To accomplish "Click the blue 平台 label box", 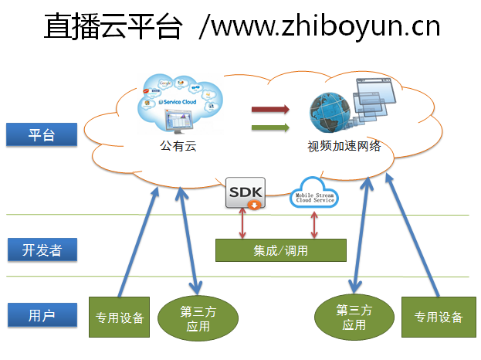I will click(x=42, y=134).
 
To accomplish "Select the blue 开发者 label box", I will click(x=42, y=250).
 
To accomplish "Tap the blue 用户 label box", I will click(x=42, y=315).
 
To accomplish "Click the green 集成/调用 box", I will click(x=280, y=250).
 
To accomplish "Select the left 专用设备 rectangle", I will click(x=119, y=317).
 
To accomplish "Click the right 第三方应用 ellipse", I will click(x=354, y=318).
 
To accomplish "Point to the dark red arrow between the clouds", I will click(x=270, y=109).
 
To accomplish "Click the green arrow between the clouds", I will click(x=270, y=127).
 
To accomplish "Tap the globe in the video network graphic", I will click(x=328, y=113).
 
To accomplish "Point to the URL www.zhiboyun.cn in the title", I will click(x=324, y=27).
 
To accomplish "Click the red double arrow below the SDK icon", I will click(x=244, y=223).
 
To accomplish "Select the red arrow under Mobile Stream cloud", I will click(x=313, y=223).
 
